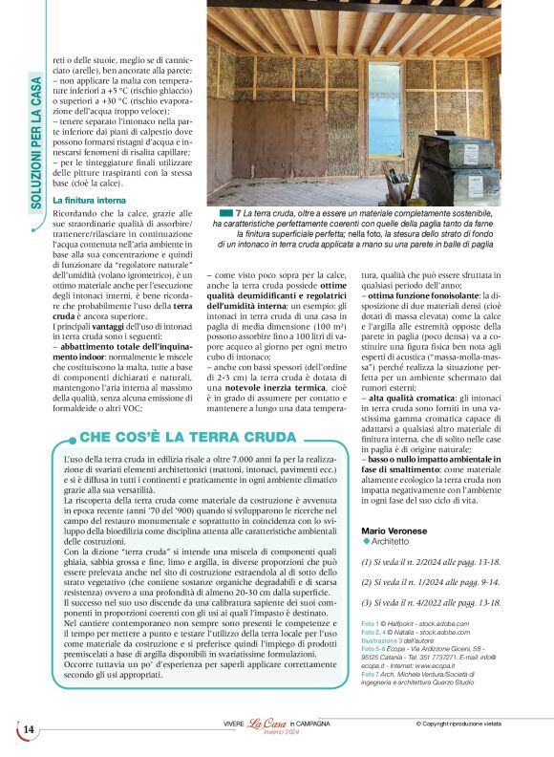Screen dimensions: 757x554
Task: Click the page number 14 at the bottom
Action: click(x=28, y=729)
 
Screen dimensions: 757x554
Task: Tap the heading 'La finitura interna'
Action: click(x=91, y=199)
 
